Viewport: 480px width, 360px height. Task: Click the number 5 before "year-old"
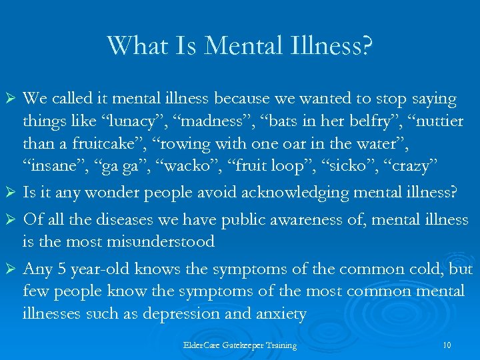coord(57,269)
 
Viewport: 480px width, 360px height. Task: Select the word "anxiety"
coord(278,313)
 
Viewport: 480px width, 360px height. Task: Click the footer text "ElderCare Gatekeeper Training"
coord(239,345)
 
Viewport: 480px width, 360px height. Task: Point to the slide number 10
coord(446,345)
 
